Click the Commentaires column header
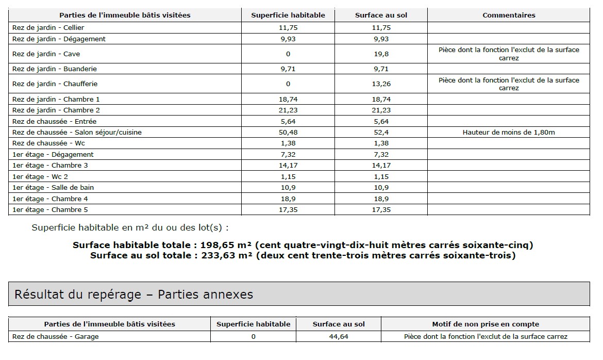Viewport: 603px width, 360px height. click(x=508, y=15)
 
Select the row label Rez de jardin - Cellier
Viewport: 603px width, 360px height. click(x=48, y=27)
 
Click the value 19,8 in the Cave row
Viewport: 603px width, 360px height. click(x=381, y=54)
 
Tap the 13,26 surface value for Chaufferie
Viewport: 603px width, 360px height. click(x=381, y=84)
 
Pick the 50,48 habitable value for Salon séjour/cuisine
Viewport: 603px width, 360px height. click(x=288, y=132)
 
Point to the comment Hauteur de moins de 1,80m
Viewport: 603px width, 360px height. click(x=508, y=132)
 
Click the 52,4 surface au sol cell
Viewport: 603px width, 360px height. click(x=381, y=132)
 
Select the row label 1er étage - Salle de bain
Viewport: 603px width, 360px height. click(x=53, y=187)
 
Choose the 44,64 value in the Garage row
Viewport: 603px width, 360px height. click(x=338, y=336)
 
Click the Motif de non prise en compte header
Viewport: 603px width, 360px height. click(x=485, y=324)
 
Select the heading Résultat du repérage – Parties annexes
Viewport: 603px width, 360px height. click(x=134, y=294)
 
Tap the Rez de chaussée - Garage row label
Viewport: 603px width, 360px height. click(x=55, y=336)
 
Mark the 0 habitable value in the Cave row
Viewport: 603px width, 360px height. click(x=288, y=54)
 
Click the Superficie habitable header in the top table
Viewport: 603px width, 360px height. click(x=288, y=15)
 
